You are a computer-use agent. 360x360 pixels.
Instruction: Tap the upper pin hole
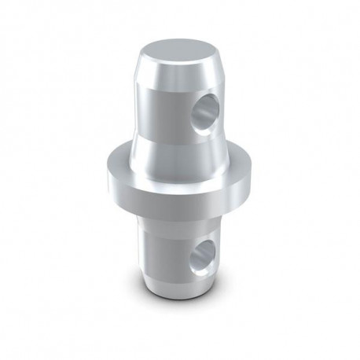point(208,107)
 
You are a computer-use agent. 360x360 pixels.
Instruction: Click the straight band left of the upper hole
point(161,106)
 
